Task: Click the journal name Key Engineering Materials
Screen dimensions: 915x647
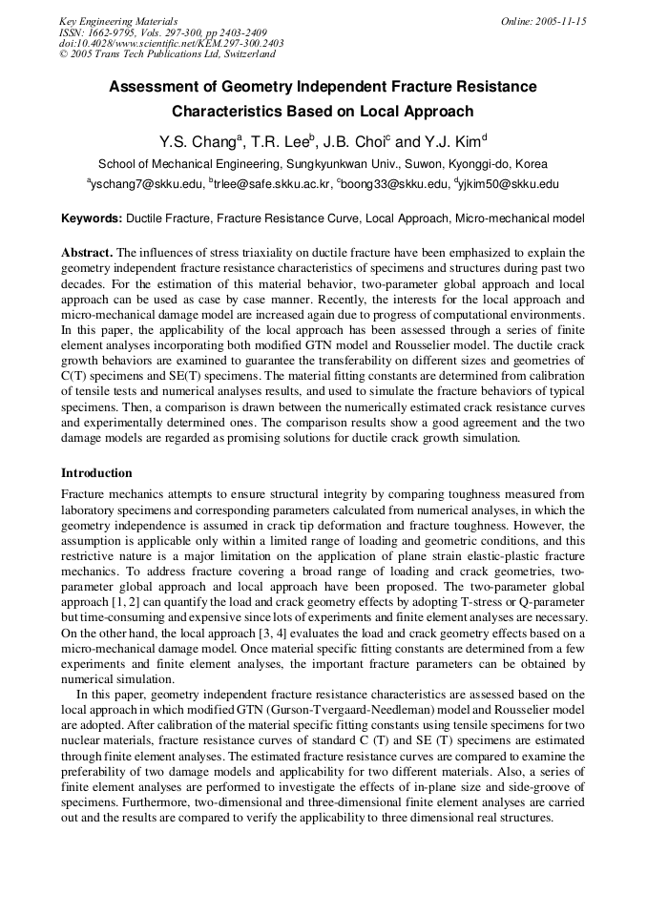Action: [118, 21]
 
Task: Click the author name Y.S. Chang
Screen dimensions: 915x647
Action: [197, 141]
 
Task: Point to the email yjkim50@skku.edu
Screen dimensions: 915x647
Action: [507, 184]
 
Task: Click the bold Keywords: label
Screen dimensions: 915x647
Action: [92, 218]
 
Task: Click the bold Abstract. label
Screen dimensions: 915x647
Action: [87, 253]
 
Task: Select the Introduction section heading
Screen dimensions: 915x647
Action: [96, 473]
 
